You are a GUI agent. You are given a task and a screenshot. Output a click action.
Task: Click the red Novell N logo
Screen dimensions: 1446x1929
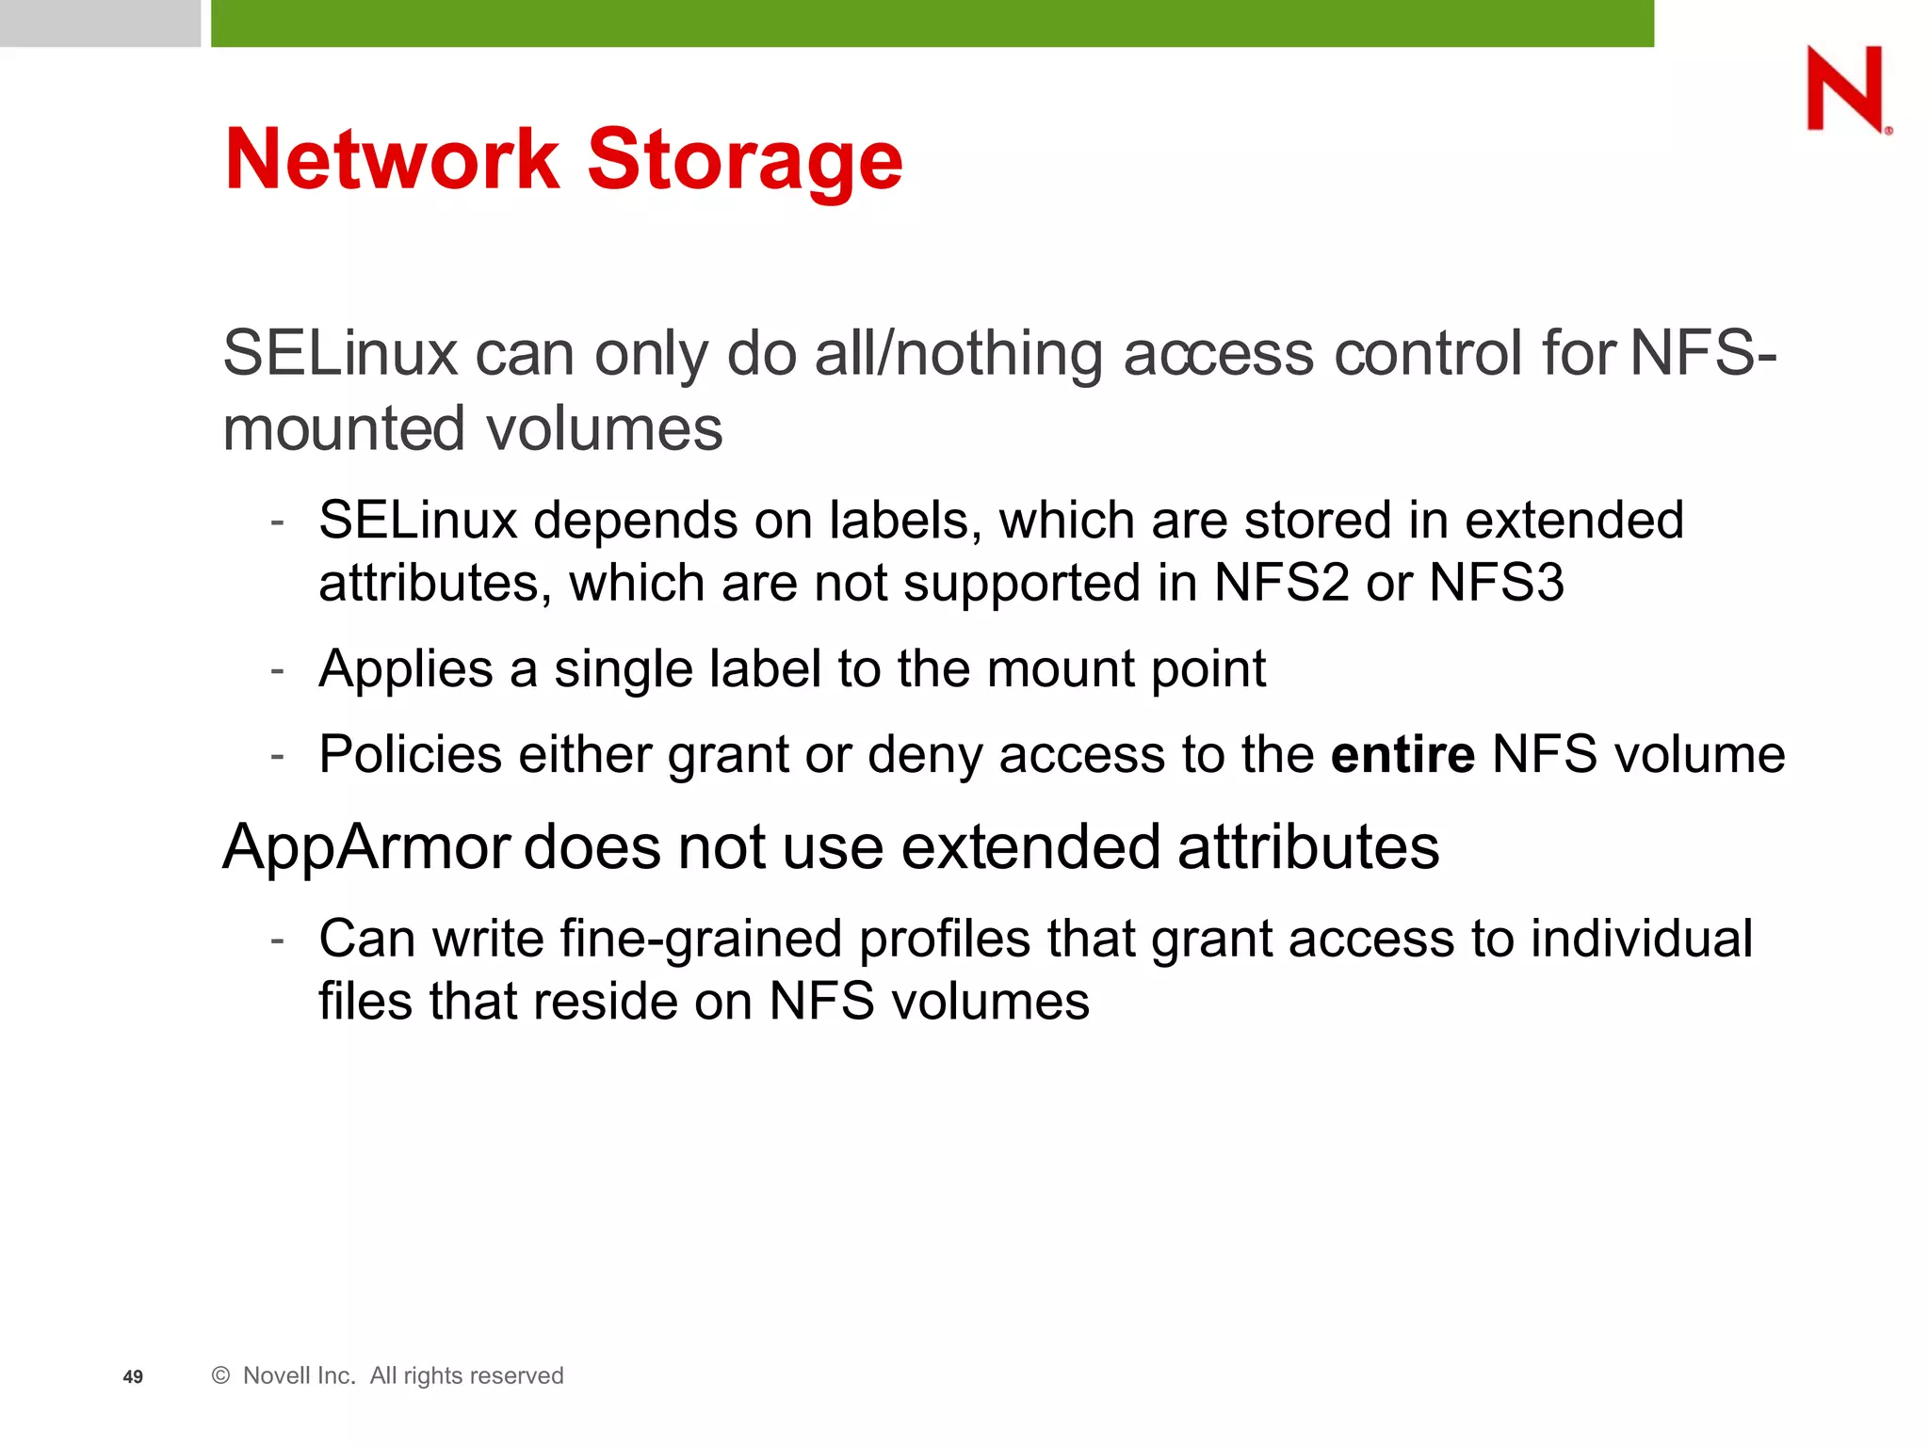tap(1846, 89)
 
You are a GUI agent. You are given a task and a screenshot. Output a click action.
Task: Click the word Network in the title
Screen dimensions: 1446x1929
tap(392, 159)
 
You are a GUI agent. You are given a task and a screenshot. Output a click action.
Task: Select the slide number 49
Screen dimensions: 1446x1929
tap(133, 1377)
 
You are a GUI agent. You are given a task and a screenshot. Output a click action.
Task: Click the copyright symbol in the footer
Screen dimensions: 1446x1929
tap(221, 1375)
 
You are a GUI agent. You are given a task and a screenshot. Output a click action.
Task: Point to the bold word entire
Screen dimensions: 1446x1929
tap(1402, 755)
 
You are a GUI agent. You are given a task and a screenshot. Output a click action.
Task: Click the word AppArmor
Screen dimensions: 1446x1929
tap(366, 846)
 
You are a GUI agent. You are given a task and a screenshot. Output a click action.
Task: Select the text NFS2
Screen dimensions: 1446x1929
tap(1281, 583)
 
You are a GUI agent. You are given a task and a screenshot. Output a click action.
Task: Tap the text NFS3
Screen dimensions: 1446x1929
tap(1497, 583)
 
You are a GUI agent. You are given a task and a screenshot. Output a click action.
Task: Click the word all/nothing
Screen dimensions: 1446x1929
tap(960, 355)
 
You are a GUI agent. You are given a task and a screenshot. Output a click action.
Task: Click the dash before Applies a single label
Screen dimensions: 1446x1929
tap(277, 669)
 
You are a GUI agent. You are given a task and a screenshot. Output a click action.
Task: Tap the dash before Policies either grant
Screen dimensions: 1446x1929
tap(277, 755)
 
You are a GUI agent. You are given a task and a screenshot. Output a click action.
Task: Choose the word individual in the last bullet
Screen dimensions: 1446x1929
tap(1641, 940)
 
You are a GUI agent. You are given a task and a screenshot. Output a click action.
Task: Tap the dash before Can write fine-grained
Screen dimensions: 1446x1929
tap(277, 940)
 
